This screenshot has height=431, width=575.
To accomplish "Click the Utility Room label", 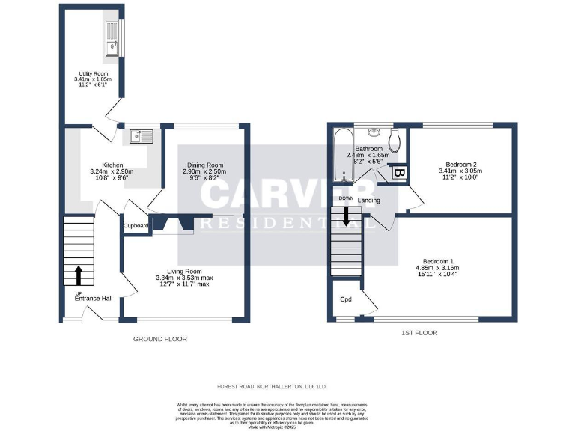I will (x=93, y=73).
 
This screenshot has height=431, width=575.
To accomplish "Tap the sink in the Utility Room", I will (x=114, y=38).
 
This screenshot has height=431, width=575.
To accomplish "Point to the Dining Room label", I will (x=205, y=165).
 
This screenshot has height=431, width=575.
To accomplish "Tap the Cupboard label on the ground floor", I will (x=136, y=225).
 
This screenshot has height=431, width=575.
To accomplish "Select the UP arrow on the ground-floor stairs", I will (x=79, y=274).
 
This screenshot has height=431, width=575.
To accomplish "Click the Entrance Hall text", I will (x=94, y=299).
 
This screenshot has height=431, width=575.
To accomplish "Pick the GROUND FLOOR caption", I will (x=159, y=339).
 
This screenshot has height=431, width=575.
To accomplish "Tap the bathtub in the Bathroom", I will (x=344, y=155).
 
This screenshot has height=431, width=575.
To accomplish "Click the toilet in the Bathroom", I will (x=397, y=141).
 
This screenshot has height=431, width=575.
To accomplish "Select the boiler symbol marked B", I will (x=399, y=174).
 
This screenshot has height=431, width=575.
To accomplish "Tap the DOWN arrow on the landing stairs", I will (x=347, y=215).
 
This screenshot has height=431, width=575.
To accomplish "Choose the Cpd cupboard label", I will (x=346, y=299).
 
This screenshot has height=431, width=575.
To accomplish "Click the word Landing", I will (x=368, y=200).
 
